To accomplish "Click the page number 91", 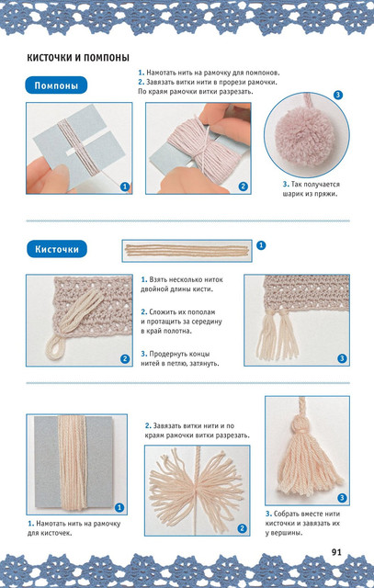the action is [x=336, y=552].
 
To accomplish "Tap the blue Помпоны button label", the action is [x=56, y=85].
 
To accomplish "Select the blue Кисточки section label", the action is [x=57, y=249].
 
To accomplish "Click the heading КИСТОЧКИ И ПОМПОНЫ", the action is [x=78, y=58].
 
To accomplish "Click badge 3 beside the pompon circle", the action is [x=338, y=95].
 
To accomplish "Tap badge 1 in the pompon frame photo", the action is [x=125, y=187].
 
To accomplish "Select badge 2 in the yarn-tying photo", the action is [x=244, y=187].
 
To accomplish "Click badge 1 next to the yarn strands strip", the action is [x=261, y=245].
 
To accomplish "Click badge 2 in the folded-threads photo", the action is [x=125, y=359].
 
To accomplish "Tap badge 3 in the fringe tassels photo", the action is [x=342, y=358].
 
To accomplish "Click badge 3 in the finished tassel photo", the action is [x=342, y=498].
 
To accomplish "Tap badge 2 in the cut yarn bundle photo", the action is [x=243, y=529].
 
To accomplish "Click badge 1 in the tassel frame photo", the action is [x=119, y=508].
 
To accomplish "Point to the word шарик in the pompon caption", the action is [x=293, y=194].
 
